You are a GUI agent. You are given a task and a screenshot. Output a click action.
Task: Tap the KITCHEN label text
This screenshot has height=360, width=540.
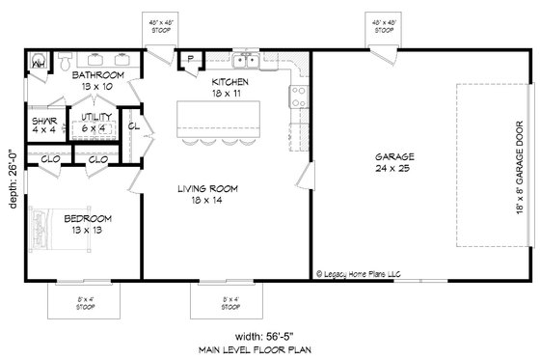click(231, 83)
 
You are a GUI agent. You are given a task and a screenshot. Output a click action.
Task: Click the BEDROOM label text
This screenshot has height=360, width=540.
click(90, 218)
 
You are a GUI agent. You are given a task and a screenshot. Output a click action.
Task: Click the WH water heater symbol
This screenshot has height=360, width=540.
click(39, 64)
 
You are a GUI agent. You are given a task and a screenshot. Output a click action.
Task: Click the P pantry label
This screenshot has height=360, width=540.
click(191, 60)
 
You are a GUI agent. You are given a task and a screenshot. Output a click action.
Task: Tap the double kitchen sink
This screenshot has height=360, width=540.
click(246, 63)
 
